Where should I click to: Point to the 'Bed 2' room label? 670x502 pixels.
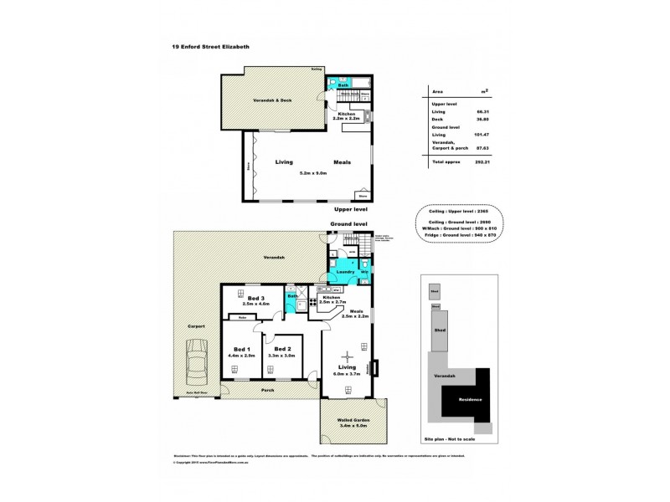282,348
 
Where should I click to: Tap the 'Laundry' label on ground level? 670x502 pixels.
343,272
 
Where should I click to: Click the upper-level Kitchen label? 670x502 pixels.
347,114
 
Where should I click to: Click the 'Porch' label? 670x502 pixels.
267,389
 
